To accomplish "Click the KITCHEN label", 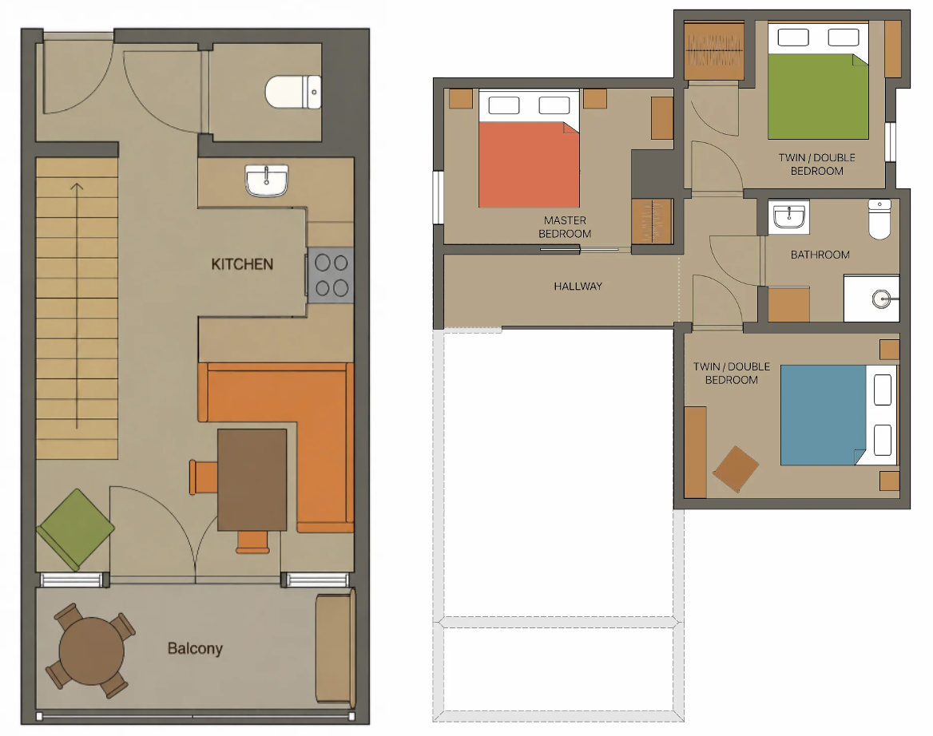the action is pos(242,264).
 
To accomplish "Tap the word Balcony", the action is pos(195,648).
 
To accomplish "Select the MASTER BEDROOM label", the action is pos(565,227).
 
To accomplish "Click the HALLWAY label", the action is pos(578,286).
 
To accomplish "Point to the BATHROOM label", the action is pos(820,255).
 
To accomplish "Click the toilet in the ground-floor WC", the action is pos(293,92).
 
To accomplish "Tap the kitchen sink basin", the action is pos(267,180).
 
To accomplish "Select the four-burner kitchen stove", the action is pos(331,275).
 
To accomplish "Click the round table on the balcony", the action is pos(91,651).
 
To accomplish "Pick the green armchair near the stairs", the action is pos(76,528).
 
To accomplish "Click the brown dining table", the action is pos(252,479).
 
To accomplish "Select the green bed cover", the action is pos(818,97).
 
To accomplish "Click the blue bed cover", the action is pos(823,415).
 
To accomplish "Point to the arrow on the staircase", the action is pos(77,307).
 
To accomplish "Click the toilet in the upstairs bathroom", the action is pos(879,219).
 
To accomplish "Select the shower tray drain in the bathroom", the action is pos(881,299).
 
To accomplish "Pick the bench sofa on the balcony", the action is pos(335,648).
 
